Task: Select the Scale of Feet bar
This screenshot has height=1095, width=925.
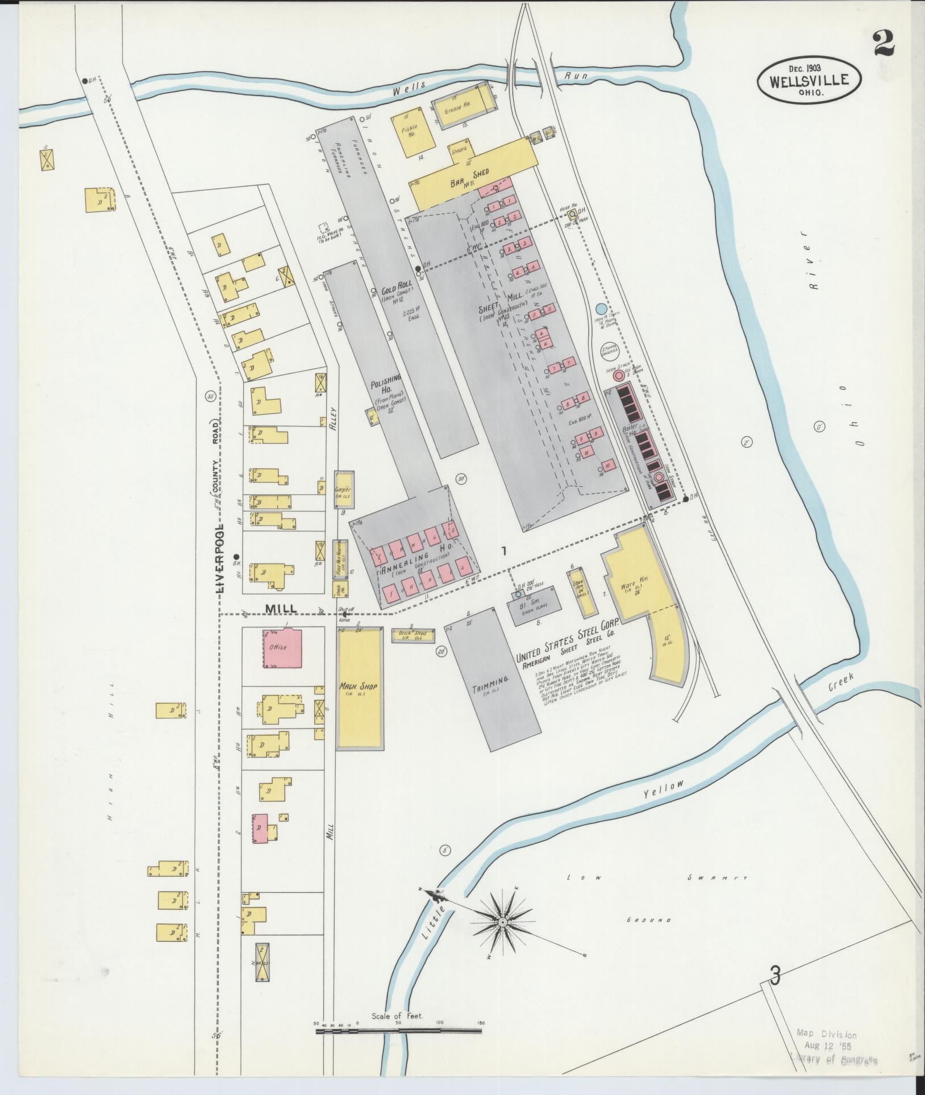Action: pos(398,1030)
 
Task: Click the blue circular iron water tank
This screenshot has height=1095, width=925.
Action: pos(601,309)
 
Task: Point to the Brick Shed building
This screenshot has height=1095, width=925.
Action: pos(413,635)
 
